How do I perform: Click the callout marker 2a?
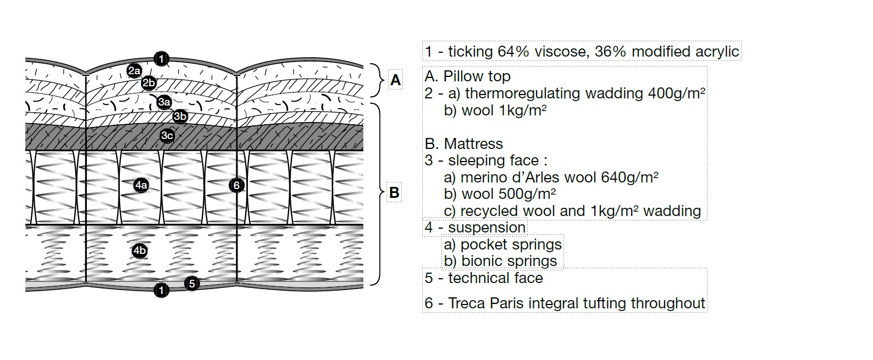click(x=134, y=70)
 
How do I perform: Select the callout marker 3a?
click(x=164, y=102)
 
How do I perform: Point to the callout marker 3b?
click(x=180, y=116)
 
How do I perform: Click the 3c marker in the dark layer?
click(x=167, y=135)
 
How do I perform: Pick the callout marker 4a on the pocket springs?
click(x=141, y=185)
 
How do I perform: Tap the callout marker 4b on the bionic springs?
click(x=140, y=251)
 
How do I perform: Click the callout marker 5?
click(x=191, y=284)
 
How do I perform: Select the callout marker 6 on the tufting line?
click(x=236, y=185)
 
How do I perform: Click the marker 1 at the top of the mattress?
click(x=161, y=58)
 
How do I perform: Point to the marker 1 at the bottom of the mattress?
click(x=161, y=290)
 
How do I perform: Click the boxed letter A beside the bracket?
click(x=395, y=81)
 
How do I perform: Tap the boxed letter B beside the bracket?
click(x=394, y=193)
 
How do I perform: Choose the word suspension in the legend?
click(x=487, y=228)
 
